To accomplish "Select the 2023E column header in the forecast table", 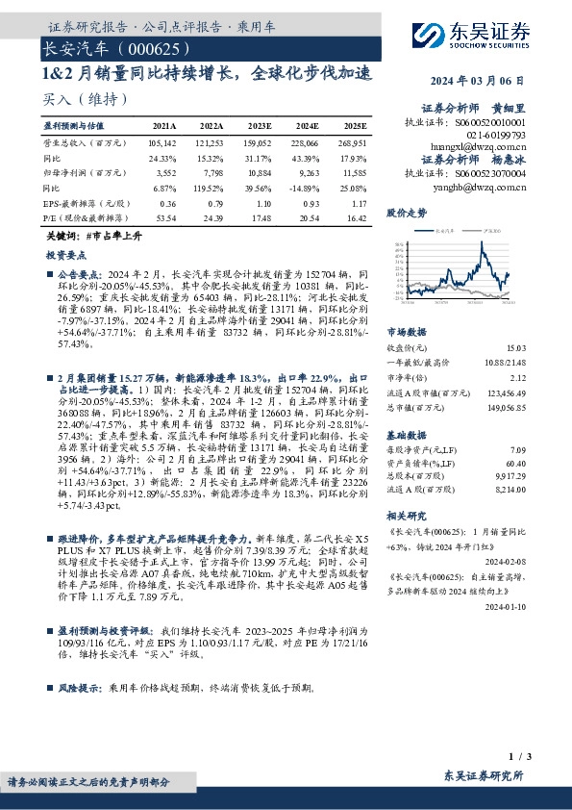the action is click(254, 125).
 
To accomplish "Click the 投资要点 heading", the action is click(65, 255).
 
